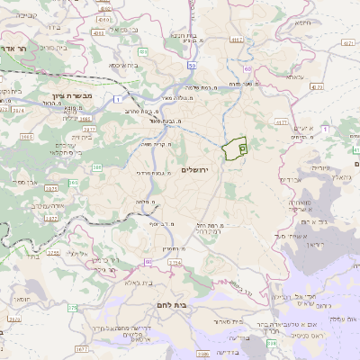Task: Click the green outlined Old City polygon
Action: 236,147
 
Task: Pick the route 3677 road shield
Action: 82,348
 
